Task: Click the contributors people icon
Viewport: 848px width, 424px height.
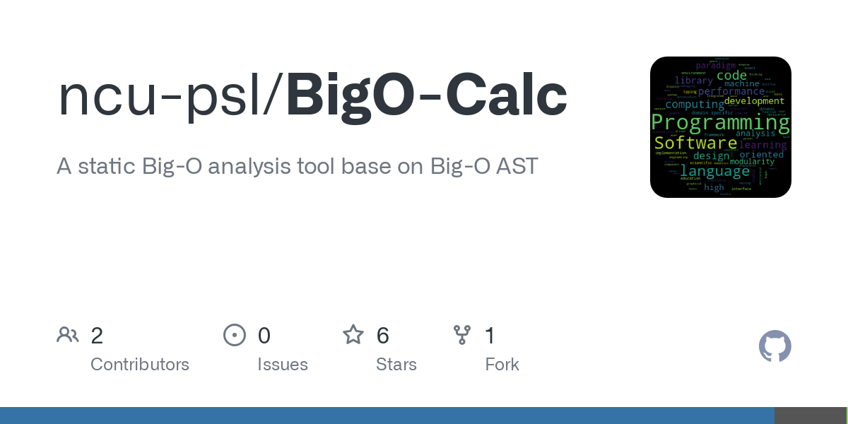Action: (68, 335)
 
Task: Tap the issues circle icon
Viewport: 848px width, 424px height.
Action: (235, 335)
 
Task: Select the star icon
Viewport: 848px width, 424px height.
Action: (353, 335)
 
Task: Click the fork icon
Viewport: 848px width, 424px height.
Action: (462, 335)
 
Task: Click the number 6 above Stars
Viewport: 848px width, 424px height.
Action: (383, 336)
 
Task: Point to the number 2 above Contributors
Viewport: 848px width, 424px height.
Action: (97, 336)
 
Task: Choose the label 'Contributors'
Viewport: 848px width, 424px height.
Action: (140, 365)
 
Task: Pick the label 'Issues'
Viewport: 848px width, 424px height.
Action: (283, 365)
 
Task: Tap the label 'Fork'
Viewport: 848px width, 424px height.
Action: (502, 365)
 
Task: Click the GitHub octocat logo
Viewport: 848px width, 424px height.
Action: (775, 346)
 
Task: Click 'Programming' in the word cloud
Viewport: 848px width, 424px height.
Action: (720, 123)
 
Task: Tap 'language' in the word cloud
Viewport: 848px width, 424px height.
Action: (714, 171)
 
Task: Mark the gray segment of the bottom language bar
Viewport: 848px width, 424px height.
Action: (810, 416)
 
